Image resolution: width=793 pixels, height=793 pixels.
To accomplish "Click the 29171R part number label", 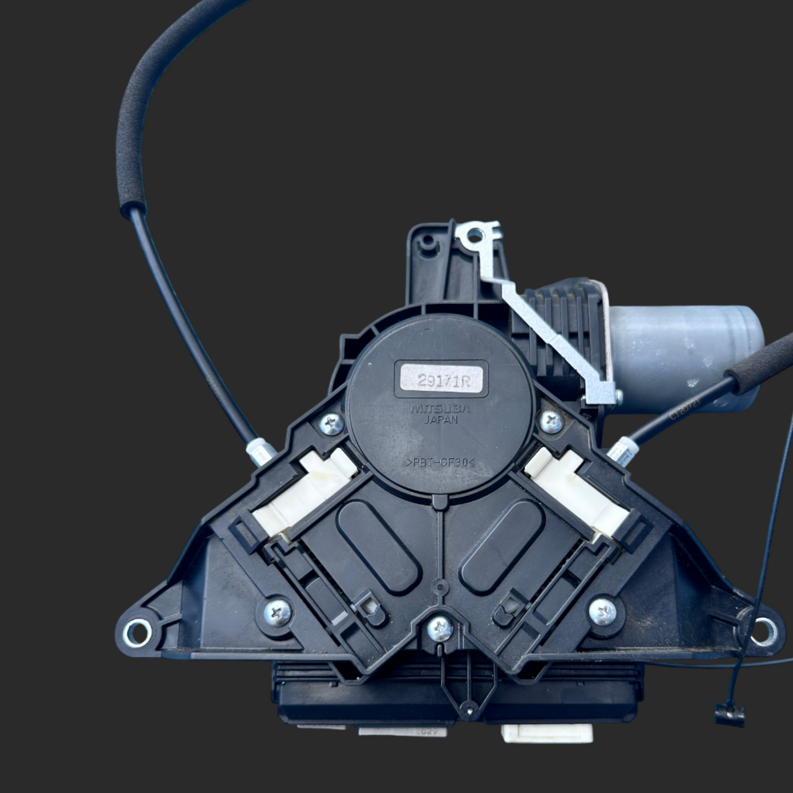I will tap(441, 379).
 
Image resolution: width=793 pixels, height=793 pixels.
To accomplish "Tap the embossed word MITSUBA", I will tap(440, 409).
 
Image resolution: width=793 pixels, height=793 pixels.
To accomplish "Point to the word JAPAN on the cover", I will tap(441, 420).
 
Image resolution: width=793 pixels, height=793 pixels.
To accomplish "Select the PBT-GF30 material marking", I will tap(440, 463).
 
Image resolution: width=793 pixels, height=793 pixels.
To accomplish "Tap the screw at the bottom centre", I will tap(440, 628).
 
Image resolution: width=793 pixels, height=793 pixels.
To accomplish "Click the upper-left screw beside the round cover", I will tap(331, 424).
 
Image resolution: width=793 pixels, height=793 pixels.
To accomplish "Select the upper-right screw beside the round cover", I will tap(552, 421).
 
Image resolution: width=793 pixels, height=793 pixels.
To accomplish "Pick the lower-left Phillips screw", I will tap(278, 611).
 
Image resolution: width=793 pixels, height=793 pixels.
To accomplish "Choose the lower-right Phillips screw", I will tap(603, 610).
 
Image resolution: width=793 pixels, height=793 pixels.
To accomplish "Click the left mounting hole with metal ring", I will tap(137, 631).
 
